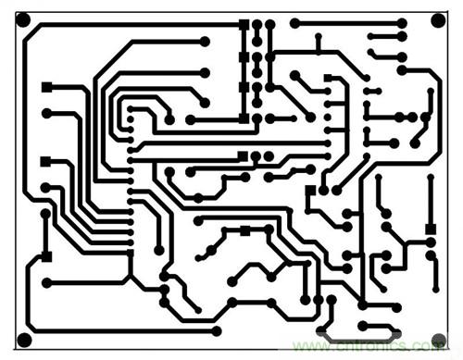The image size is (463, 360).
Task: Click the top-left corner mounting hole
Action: [x=23, y=19]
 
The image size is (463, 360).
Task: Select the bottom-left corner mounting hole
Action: [x=24, y=337]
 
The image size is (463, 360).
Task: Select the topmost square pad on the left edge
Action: [x=46, y=87]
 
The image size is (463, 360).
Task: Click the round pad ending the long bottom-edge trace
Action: [x=217, y=330]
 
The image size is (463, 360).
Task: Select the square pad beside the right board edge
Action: [x=430, y=227]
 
